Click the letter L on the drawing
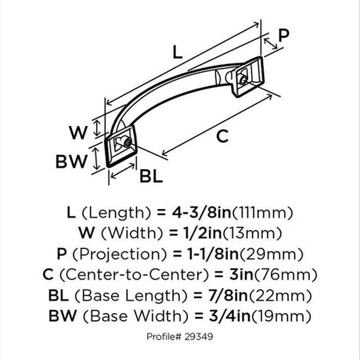pos(178,52)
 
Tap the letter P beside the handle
pos(284,35)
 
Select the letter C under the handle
pos(222,136)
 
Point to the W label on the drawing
pos(77,132)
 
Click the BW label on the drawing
pos(71,161)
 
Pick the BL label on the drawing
pos(151,176)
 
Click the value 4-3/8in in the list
pos(201,213)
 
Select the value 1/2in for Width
pos(200,233)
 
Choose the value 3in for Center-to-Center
pos(241,274)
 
